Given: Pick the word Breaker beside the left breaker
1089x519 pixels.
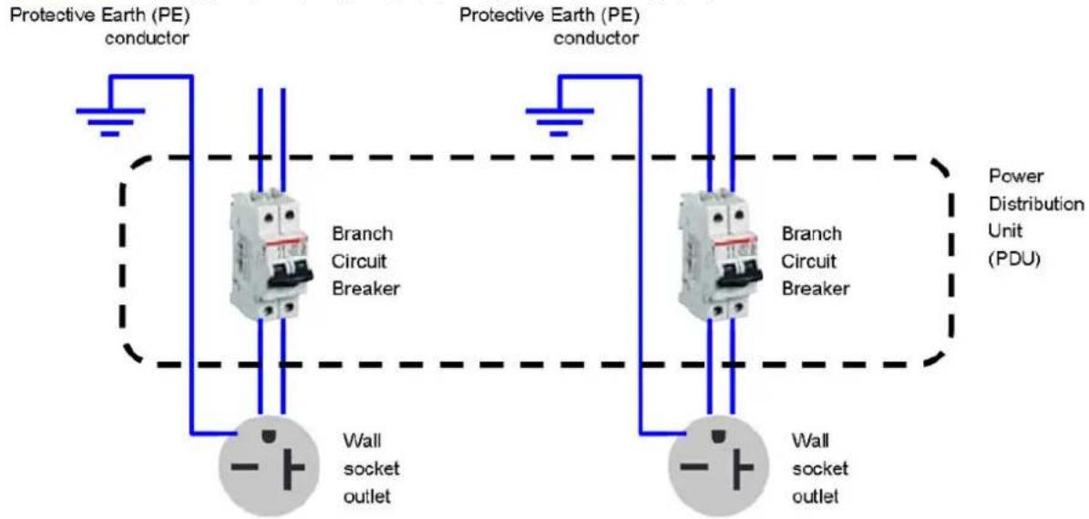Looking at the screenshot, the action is pos(366,289).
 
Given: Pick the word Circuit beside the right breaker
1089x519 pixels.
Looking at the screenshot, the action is pos(806,262).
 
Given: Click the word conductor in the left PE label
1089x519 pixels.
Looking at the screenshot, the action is pos(146,37).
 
